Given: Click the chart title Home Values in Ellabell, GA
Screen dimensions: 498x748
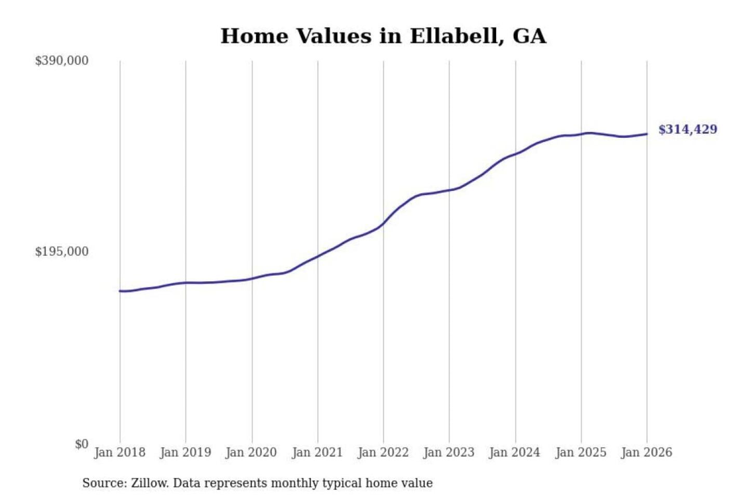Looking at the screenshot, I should [x=383, y=36].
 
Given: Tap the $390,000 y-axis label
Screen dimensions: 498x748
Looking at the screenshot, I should [x=62, y=61].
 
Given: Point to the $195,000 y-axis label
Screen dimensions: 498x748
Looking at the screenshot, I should [x=62, y=252].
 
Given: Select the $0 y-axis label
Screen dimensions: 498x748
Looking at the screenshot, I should [x=82, y=444].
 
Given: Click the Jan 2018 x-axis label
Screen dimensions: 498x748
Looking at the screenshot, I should [x=119, y=452].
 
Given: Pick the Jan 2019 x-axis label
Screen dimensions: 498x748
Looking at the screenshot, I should [x=185, y=452].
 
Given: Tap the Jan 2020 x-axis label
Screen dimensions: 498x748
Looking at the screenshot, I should [x=251, y=452].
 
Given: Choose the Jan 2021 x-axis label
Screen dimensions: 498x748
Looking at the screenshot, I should [x=317, y=452].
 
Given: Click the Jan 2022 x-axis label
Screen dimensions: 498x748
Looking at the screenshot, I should [x=383, y=452].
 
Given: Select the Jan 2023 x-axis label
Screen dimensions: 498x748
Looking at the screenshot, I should [x=449, y=452].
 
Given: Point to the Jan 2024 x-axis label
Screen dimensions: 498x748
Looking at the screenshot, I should [x=515, y=452].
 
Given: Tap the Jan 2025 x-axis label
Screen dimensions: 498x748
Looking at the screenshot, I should [x=581, y=452].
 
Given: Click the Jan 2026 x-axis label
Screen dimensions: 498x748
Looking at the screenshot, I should [x=647, y=452].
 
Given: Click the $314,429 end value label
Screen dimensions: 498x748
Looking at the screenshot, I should [x=688, y=129].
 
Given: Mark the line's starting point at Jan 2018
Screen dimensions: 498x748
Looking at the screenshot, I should [x=120, y=291].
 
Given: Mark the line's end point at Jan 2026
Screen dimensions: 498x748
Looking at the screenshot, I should [x=647, y=134].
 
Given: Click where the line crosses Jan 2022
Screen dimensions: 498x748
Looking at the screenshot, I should [x=383, y=224].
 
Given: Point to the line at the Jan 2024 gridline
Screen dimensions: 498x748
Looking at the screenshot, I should [x=515, y=154].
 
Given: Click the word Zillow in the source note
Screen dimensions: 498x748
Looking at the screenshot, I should [x=149, y=483].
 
